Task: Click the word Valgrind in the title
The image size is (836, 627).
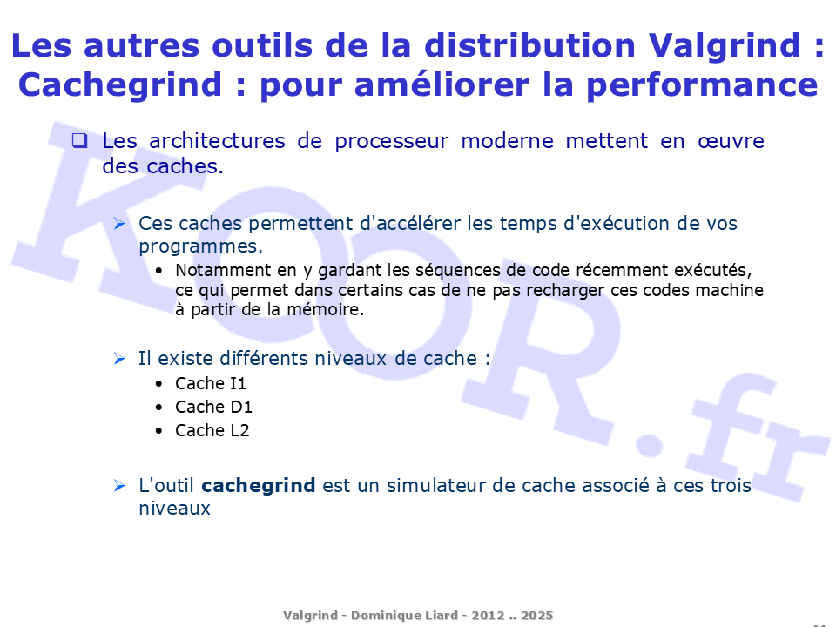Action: tap(725, 47)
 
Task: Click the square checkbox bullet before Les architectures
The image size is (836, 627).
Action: tap(79, 140)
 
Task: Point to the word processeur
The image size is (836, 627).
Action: tap(391, 142)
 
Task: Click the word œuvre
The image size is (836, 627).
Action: tap(731, 141)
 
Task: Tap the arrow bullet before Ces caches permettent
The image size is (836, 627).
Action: tap(119, 224)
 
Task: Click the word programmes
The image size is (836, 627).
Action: tap(201, 246)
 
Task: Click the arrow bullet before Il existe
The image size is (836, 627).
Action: tap(119, 359)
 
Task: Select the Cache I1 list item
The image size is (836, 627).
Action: tap(211, 383)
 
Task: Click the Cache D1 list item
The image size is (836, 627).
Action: tap(213, 407)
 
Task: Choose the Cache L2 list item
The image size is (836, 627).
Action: tap(212, 430)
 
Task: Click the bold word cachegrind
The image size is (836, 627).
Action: tap(259, 486)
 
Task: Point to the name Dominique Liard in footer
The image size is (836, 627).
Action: tap(404, 616)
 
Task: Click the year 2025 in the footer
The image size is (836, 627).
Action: tap(537, 616)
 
